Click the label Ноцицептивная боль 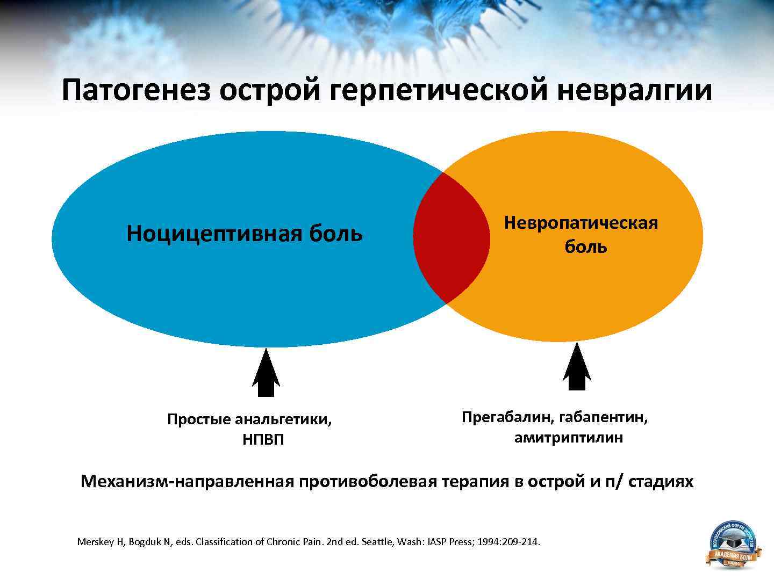(245, 234)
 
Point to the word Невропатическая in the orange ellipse (580, 222)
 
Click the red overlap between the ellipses (451, 237)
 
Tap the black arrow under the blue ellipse (266, 373)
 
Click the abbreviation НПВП (263, 440)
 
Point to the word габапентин (603, 417)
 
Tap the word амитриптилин (569, 438)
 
